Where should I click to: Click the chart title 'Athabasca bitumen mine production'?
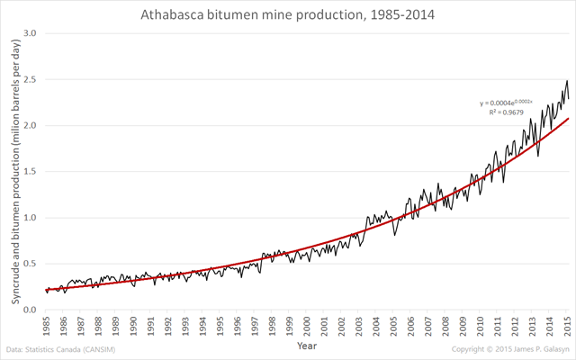(x=288, y=15)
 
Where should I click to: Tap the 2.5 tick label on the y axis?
(x=30, y=79)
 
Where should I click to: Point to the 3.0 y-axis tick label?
(x=30, y=33)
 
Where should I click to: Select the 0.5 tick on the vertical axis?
(x=30, y=264)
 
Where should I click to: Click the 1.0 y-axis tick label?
(x=30, y=218)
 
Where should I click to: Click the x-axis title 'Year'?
(x=307, y=345)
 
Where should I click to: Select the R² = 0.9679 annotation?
(x=506, y=113)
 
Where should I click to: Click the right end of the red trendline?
(x=567, y=119)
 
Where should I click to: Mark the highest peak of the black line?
(x=566, y=81)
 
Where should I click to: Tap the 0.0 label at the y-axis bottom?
(x=30, y=310)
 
